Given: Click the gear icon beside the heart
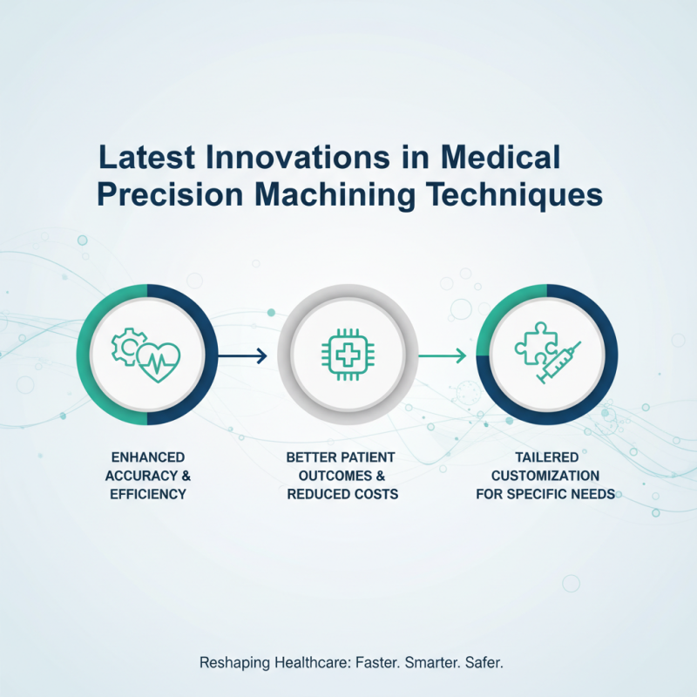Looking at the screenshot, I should pyautogui.click(x=126, y=346).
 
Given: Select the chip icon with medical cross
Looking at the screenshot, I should pyautogui.click(x=348, y=355).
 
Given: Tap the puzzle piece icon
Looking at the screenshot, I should pyautogui.click(x=530, y=343).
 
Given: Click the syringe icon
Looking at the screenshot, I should pyautogui.click(x=559, y=363).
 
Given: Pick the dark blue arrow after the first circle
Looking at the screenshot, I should pyautogui.click(x=241, y=355).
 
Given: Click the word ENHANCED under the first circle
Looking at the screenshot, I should pyautogui.click(x=147, y=457).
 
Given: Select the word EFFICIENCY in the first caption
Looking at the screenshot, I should pyautogui.click(x=147, y=494).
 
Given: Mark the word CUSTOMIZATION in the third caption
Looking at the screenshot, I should pyautogui.click(x=545, y=476).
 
